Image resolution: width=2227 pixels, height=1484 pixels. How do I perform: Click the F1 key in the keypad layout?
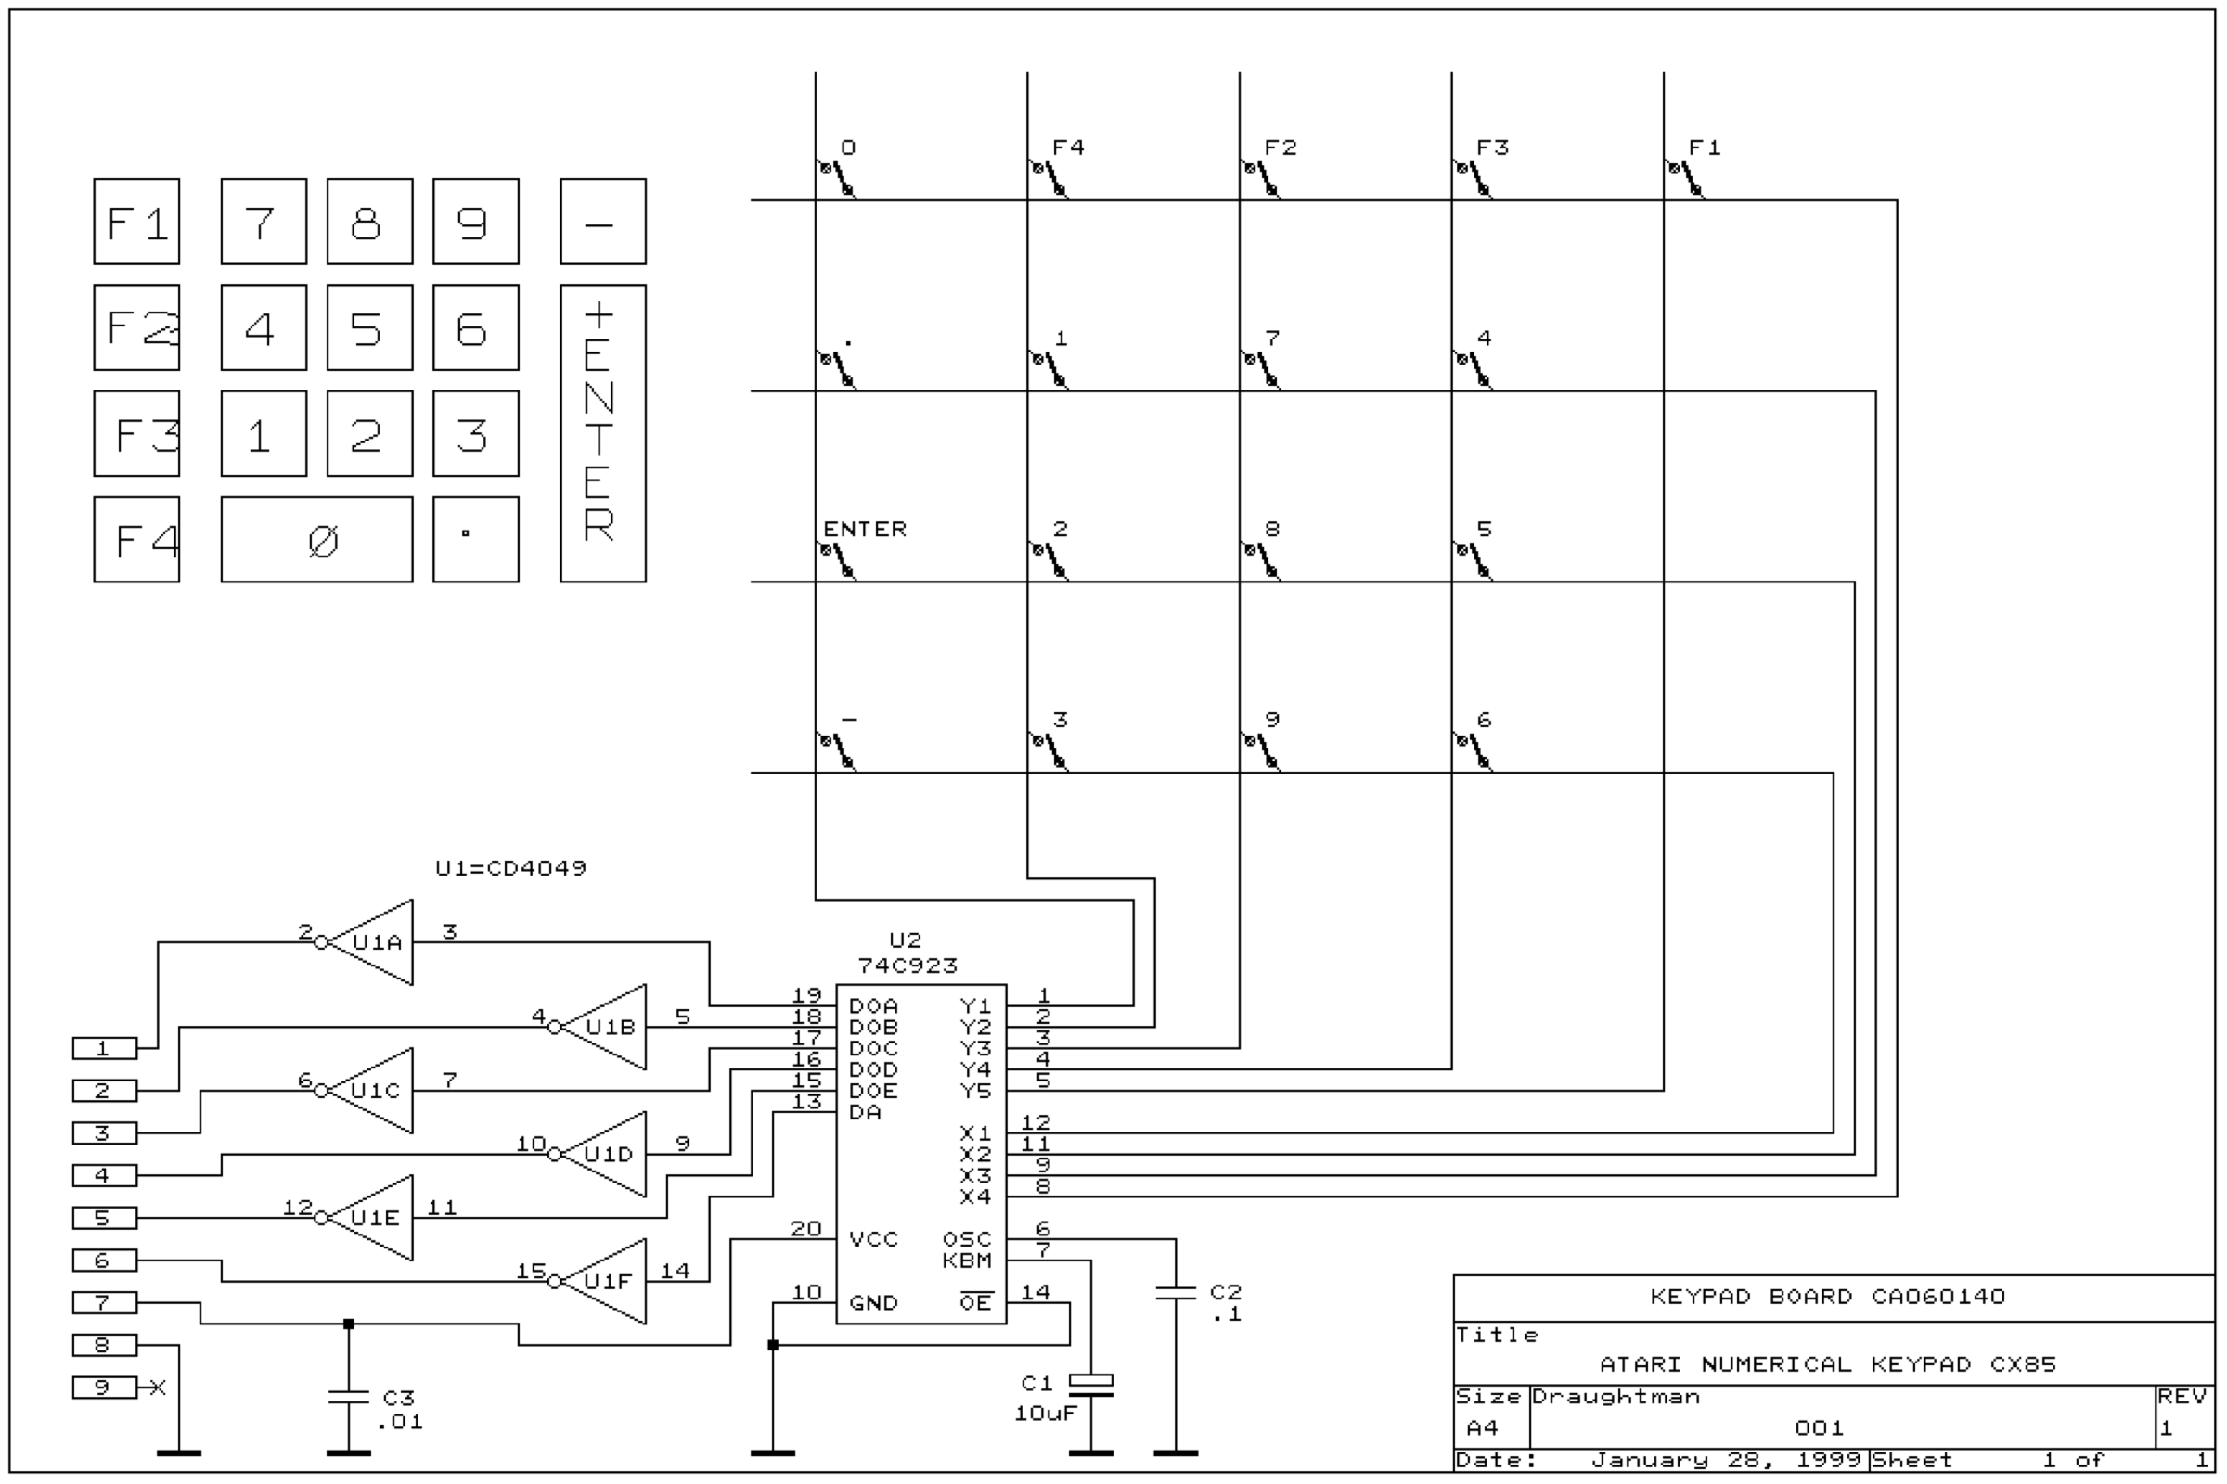[136, 222]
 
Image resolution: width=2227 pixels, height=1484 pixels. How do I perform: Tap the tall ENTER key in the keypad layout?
[603, 433]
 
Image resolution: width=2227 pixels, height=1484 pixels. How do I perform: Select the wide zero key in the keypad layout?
[317, 540]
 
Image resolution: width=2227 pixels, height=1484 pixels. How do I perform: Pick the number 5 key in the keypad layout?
[370, 327]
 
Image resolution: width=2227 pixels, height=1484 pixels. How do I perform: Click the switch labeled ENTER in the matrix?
[838, 560]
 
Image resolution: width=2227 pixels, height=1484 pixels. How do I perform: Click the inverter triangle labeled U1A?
[370, 942]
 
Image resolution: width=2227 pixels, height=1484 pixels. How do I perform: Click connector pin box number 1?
[104, 1049]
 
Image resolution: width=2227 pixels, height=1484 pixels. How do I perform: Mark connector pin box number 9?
[104, 1388]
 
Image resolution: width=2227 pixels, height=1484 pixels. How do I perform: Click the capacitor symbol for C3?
[349, 1397]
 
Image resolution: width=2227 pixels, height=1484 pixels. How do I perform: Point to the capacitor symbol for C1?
[1091, 1386]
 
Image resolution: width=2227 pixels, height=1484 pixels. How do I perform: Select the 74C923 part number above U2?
[908, 966]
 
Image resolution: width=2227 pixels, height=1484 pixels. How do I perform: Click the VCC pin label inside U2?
[873, 1240]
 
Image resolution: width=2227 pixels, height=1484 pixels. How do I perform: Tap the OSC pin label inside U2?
[967, 1240]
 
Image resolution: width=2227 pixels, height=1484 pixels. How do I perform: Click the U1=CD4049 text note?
[511, 868]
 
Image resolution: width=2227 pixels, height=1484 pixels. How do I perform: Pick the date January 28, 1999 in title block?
[1727, 1460]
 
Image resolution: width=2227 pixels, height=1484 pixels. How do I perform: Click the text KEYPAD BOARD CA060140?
[1827, 1297]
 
